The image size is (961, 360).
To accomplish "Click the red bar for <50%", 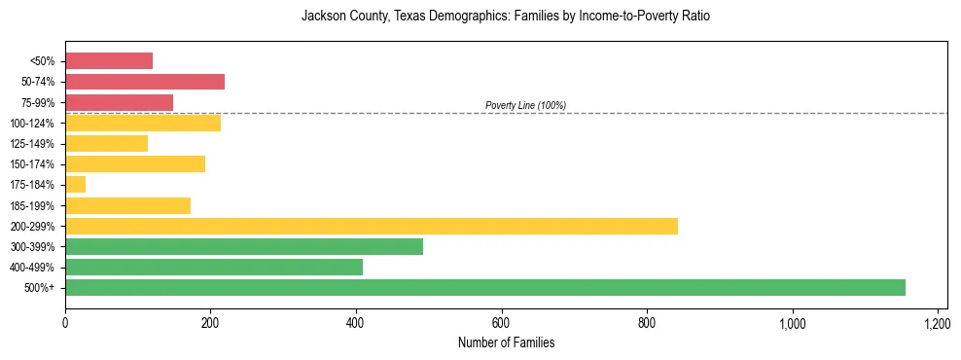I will (109, 61).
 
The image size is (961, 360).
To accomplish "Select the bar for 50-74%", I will (145, 82).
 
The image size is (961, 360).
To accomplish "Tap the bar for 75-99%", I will (119, 102).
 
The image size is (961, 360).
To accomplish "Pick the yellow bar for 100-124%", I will (143, 123).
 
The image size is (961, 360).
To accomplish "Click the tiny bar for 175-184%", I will (76, 185).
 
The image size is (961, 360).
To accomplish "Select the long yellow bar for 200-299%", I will (372, 226).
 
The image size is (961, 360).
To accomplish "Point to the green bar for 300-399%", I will (244, 246).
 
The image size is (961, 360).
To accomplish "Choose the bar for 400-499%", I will (214, 267).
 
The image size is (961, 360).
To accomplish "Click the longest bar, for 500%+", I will (485, 287).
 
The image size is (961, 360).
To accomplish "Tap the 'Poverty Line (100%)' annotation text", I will (525, 105).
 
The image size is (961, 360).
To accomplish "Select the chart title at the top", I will (506, 17).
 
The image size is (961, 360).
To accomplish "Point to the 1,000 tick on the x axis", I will (792, 322).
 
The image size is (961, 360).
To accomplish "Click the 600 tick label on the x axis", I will (501, 322).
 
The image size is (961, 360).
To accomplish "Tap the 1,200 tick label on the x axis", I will (938, 322).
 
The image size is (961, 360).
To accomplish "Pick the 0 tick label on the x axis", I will (65, 322).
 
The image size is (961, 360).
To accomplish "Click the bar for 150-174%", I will (135, 163).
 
